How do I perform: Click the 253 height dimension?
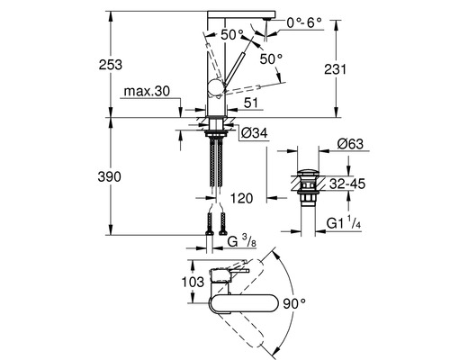point(111,65)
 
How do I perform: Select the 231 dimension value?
point(335,69)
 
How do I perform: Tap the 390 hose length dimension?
point(109,176)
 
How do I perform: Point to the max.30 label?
point(147,91)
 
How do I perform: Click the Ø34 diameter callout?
point(255,132)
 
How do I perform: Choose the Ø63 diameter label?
point(350,144)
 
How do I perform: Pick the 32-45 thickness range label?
point(347,184)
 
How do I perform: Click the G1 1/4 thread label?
point(344,223)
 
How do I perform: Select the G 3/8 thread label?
point(242,241)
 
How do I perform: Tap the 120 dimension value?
point(241,198)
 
